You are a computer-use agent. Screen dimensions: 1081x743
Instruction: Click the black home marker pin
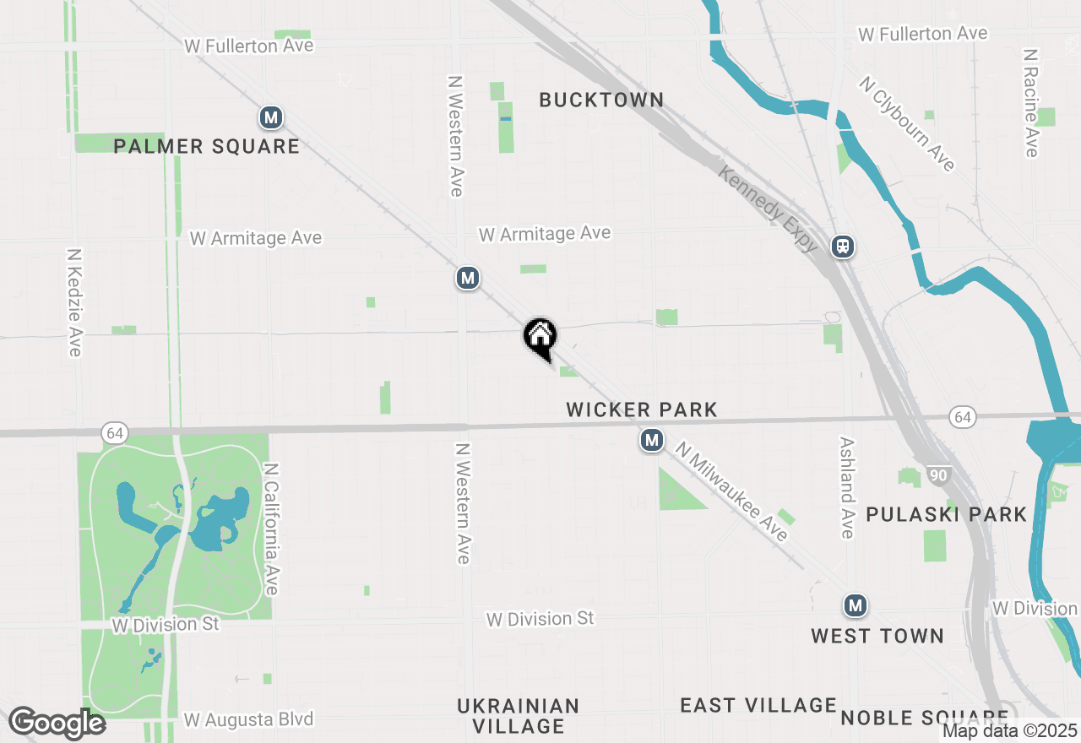pos(540,337)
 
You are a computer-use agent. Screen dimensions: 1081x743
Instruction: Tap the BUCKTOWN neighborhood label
pos(601,100)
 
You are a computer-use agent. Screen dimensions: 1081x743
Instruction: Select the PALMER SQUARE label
pos(207,146)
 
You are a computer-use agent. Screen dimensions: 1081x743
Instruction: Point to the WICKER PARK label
pos(642,409)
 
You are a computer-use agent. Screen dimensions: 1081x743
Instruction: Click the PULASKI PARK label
pos(946,514)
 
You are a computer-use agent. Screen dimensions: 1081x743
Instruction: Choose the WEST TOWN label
pos(877,636)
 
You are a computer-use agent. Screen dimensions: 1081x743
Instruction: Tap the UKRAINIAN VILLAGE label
pos(518,715)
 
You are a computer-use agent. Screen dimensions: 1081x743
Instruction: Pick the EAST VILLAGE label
pos(758,705)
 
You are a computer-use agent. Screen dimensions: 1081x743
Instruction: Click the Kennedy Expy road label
pos(769,209)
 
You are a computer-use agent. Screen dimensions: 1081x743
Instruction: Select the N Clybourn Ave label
pos(907,123)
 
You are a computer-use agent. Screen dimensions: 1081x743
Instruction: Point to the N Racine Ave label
pos(1030,102)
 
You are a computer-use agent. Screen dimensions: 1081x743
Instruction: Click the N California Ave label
pos(271,528)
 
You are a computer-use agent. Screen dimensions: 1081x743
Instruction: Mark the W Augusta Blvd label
pos(248,719)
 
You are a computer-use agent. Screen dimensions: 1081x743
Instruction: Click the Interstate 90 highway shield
pos(938,475)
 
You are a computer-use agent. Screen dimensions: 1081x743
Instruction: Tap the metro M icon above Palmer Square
pos(270,117)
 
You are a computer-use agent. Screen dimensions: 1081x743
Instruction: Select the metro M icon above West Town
pos(856,605)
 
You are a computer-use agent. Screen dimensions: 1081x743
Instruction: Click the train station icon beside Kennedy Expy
pos(843,247)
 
